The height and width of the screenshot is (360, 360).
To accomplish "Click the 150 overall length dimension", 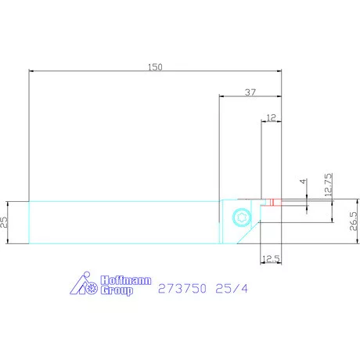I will click(155, 68).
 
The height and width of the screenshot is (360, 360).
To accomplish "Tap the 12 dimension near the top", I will click(272, 117).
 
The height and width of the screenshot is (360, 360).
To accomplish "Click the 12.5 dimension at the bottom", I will click(271, 258).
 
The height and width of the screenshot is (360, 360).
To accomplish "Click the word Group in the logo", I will click(116, 290).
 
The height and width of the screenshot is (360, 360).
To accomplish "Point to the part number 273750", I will click(182, 288).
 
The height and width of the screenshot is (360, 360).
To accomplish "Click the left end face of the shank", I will click(29, 223).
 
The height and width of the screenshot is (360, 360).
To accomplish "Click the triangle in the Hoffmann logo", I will click(78, 287).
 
